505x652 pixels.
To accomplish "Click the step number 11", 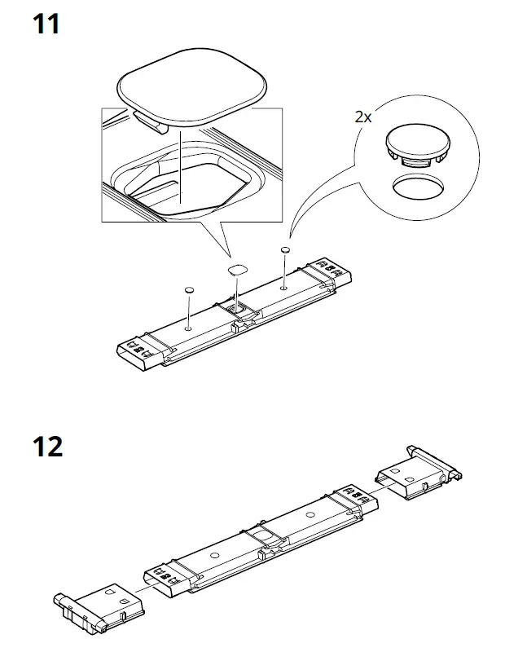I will [46, 25].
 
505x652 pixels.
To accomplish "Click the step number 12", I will [47, 447].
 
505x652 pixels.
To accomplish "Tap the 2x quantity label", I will [363, 117].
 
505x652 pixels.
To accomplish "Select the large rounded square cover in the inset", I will [193, 89].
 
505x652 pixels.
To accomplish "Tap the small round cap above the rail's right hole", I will [285, 249].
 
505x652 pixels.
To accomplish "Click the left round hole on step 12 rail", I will [213, 555].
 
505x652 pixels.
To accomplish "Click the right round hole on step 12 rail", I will [309, 515].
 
